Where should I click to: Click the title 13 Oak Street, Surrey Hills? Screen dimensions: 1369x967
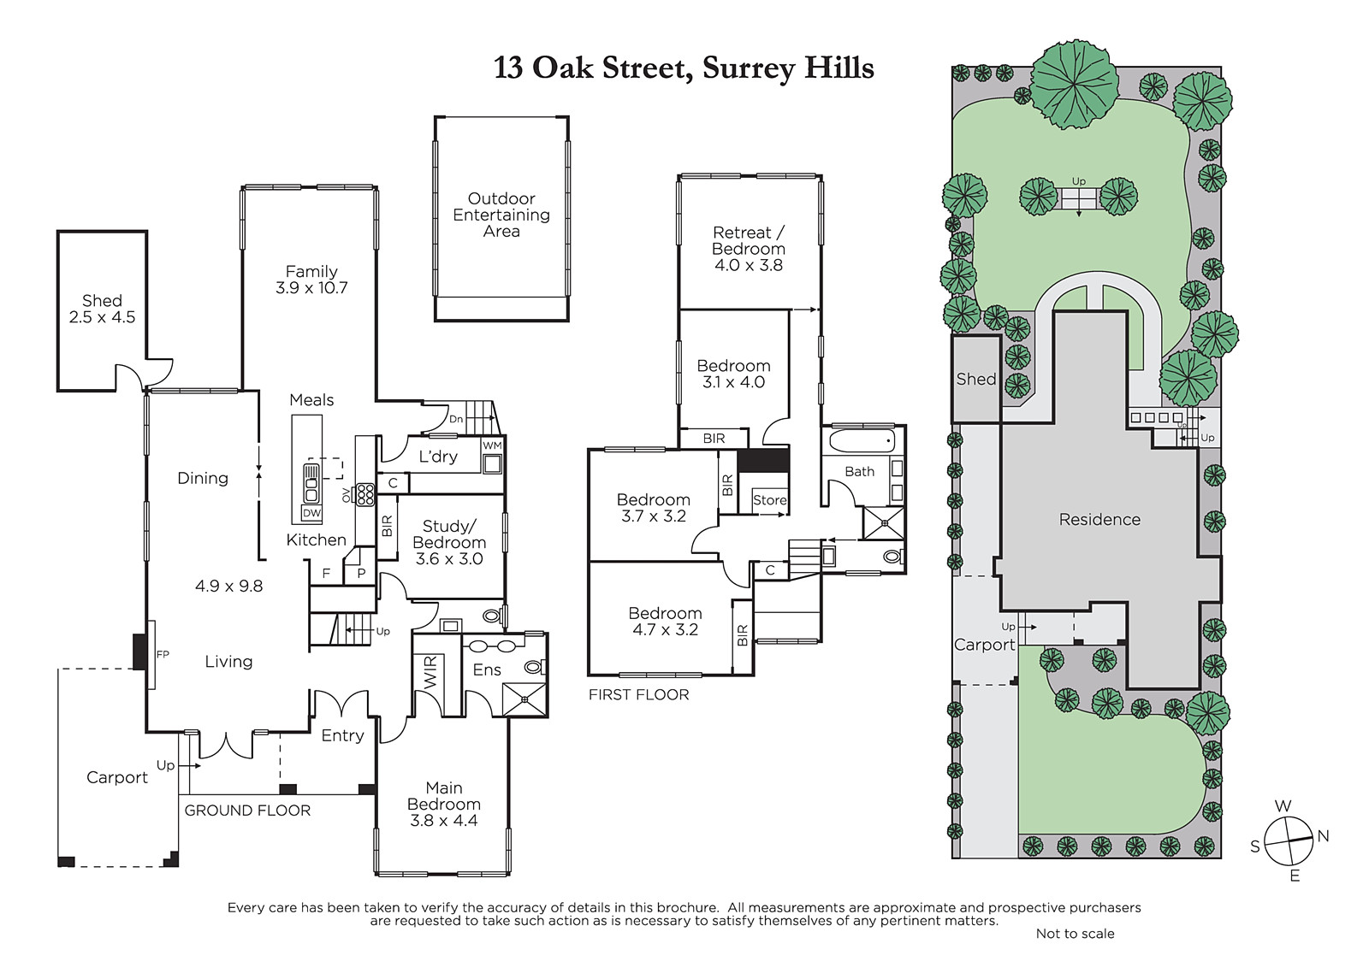point(684,68)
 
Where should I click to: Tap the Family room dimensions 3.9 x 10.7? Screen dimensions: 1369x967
point(311,288)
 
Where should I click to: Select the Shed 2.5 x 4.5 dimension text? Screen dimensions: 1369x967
point(102,317)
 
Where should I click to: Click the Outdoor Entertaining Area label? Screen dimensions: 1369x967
point(501,215)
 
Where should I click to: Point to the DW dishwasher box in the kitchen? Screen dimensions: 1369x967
point(311,513)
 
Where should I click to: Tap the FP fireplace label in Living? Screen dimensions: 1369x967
point(163,654)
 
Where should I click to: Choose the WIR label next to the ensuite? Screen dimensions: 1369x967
point(431,672)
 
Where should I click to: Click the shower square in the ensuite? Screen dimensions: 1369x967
point(524,699)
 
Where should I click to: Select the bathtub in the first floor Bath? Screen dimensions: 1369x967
point(861,440)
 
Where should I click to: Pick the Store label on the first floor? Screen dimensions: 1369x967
point(770,500)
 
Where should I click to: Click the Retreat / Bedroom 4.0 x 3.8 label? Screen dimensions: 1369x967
point(749,249)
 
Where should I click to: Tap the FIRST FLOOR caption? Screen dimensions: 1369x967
point(638,694)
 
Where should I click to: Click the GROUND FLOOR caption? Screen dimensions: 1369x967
point(247,811)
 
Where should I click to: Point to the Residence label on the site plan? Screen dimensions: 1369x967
point(1099,519)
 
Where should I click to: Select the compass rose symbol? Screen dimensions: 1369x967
point(1289,841)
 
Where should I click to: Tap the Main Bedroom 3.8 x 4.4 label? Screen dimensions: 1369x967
point(444,804)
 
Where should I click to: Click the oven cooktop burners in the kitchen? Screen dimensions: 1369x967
point(365,495)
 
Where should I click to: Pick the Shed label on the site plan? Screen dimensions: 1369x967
point(976,380)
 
